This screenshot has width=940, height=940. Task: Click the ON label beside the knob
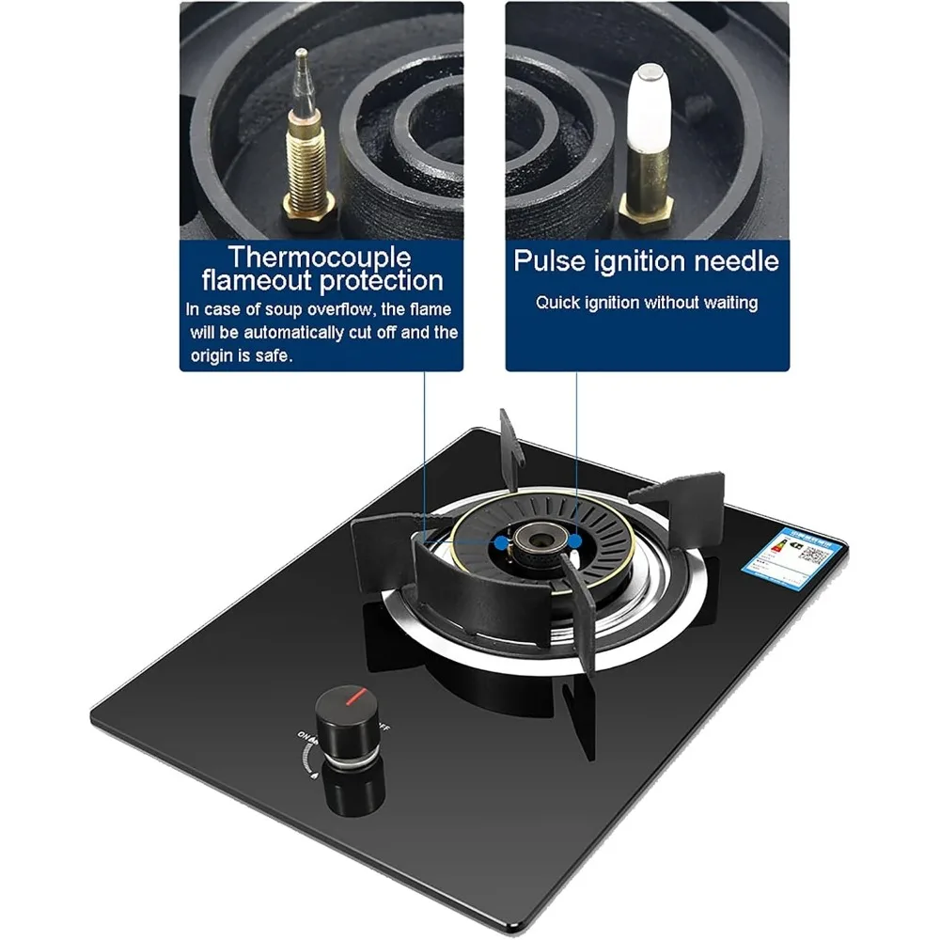(304, 738)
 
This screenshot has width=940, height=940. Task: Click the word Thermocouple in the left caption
(320, 257)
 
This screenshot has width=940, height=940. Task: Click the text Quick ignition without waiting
(647, 303)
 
